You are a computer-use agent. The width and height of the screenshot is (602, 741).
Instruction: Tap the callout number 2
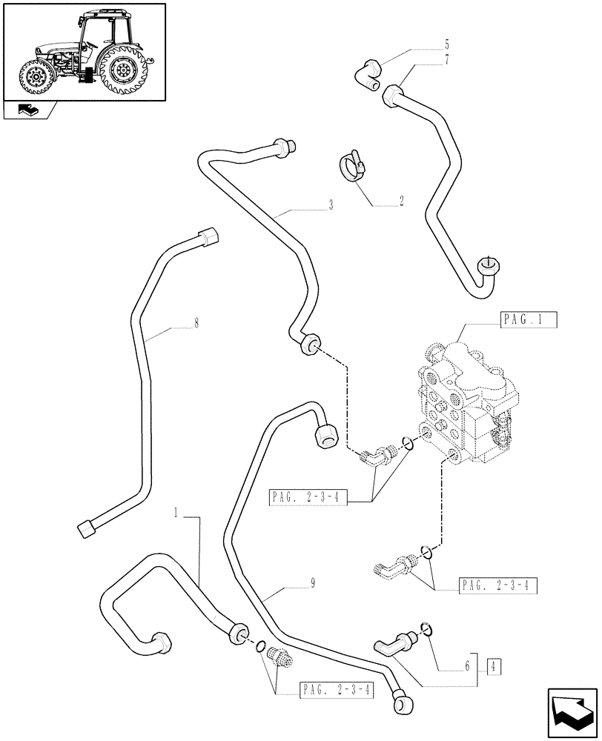(x=401, y=201)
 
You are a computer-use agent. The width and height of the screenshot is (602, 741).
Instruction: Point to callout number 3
(x=330, y=205)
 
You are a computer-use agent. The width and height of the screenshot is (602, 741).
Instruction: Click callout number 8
(x=196, y=323)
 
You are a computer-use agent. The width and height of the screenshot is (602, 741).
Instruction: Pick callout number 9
(x=313, y=583)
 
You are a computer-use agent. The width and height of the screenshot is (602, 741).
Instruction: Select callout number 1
(x=176, y=512)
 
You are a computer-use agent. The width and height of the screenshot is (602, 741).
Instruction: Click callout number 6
(x=466, y=665)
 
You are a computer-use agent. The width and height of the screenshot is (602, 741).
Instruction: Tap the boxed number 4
(x=493, y=665)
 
